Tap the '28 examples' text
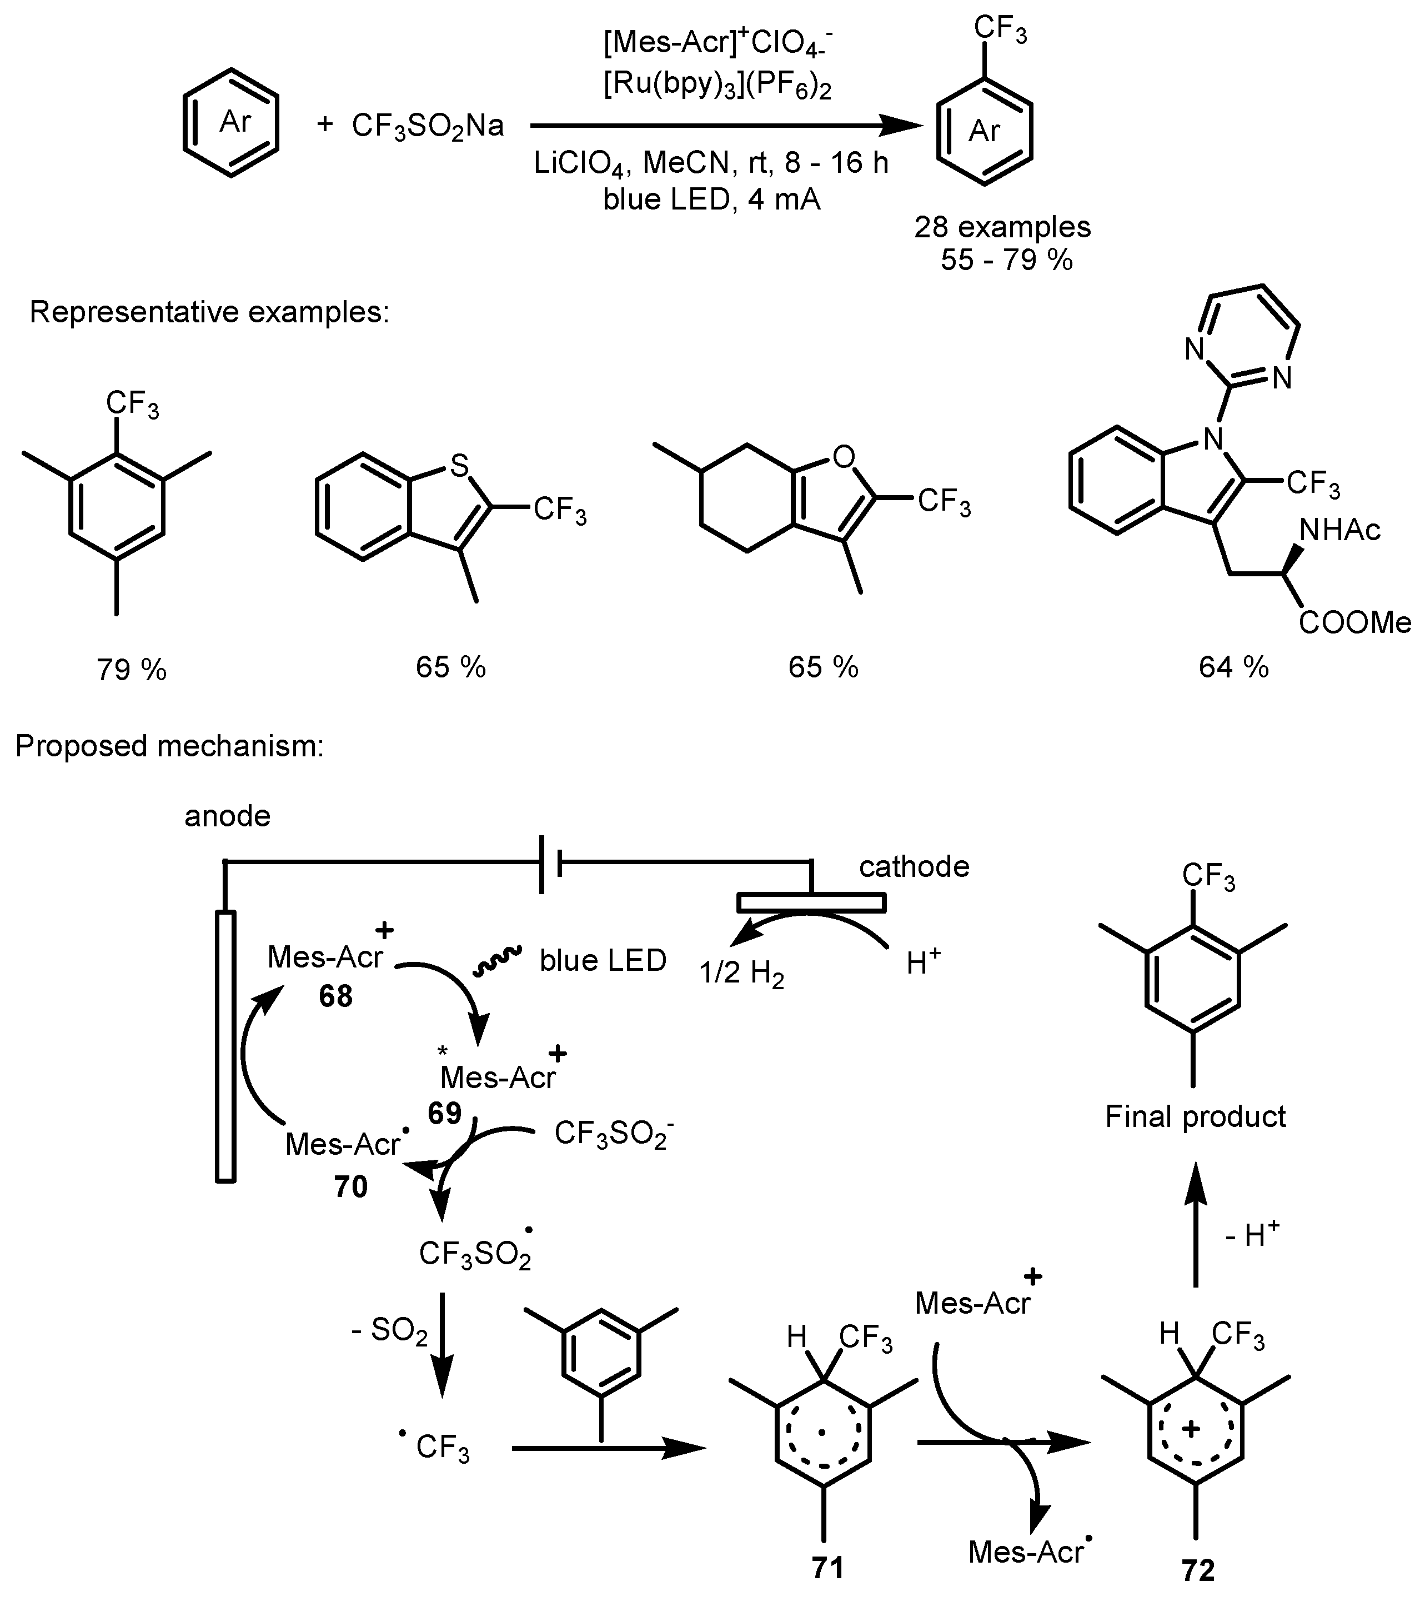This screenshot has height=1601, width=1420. click(1002, 227)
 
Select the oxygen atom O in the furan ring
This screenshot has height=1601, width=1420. click(842, 457)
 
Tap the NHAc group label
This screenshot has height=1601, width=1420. click(1339, 531)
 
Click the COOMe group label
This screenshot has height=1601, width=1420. click(1355, 623)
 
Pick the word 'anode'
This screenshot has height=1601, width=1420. click(227, 816)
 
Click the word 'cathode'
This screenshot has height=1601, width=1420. click(914, 866)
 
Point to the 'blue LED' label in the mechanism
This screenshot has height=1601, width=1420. click(603, 960)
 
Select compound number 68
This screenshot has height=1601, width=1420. click(335, 996)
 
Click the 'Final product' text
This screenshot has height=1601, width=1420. click(1195, 1116)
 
